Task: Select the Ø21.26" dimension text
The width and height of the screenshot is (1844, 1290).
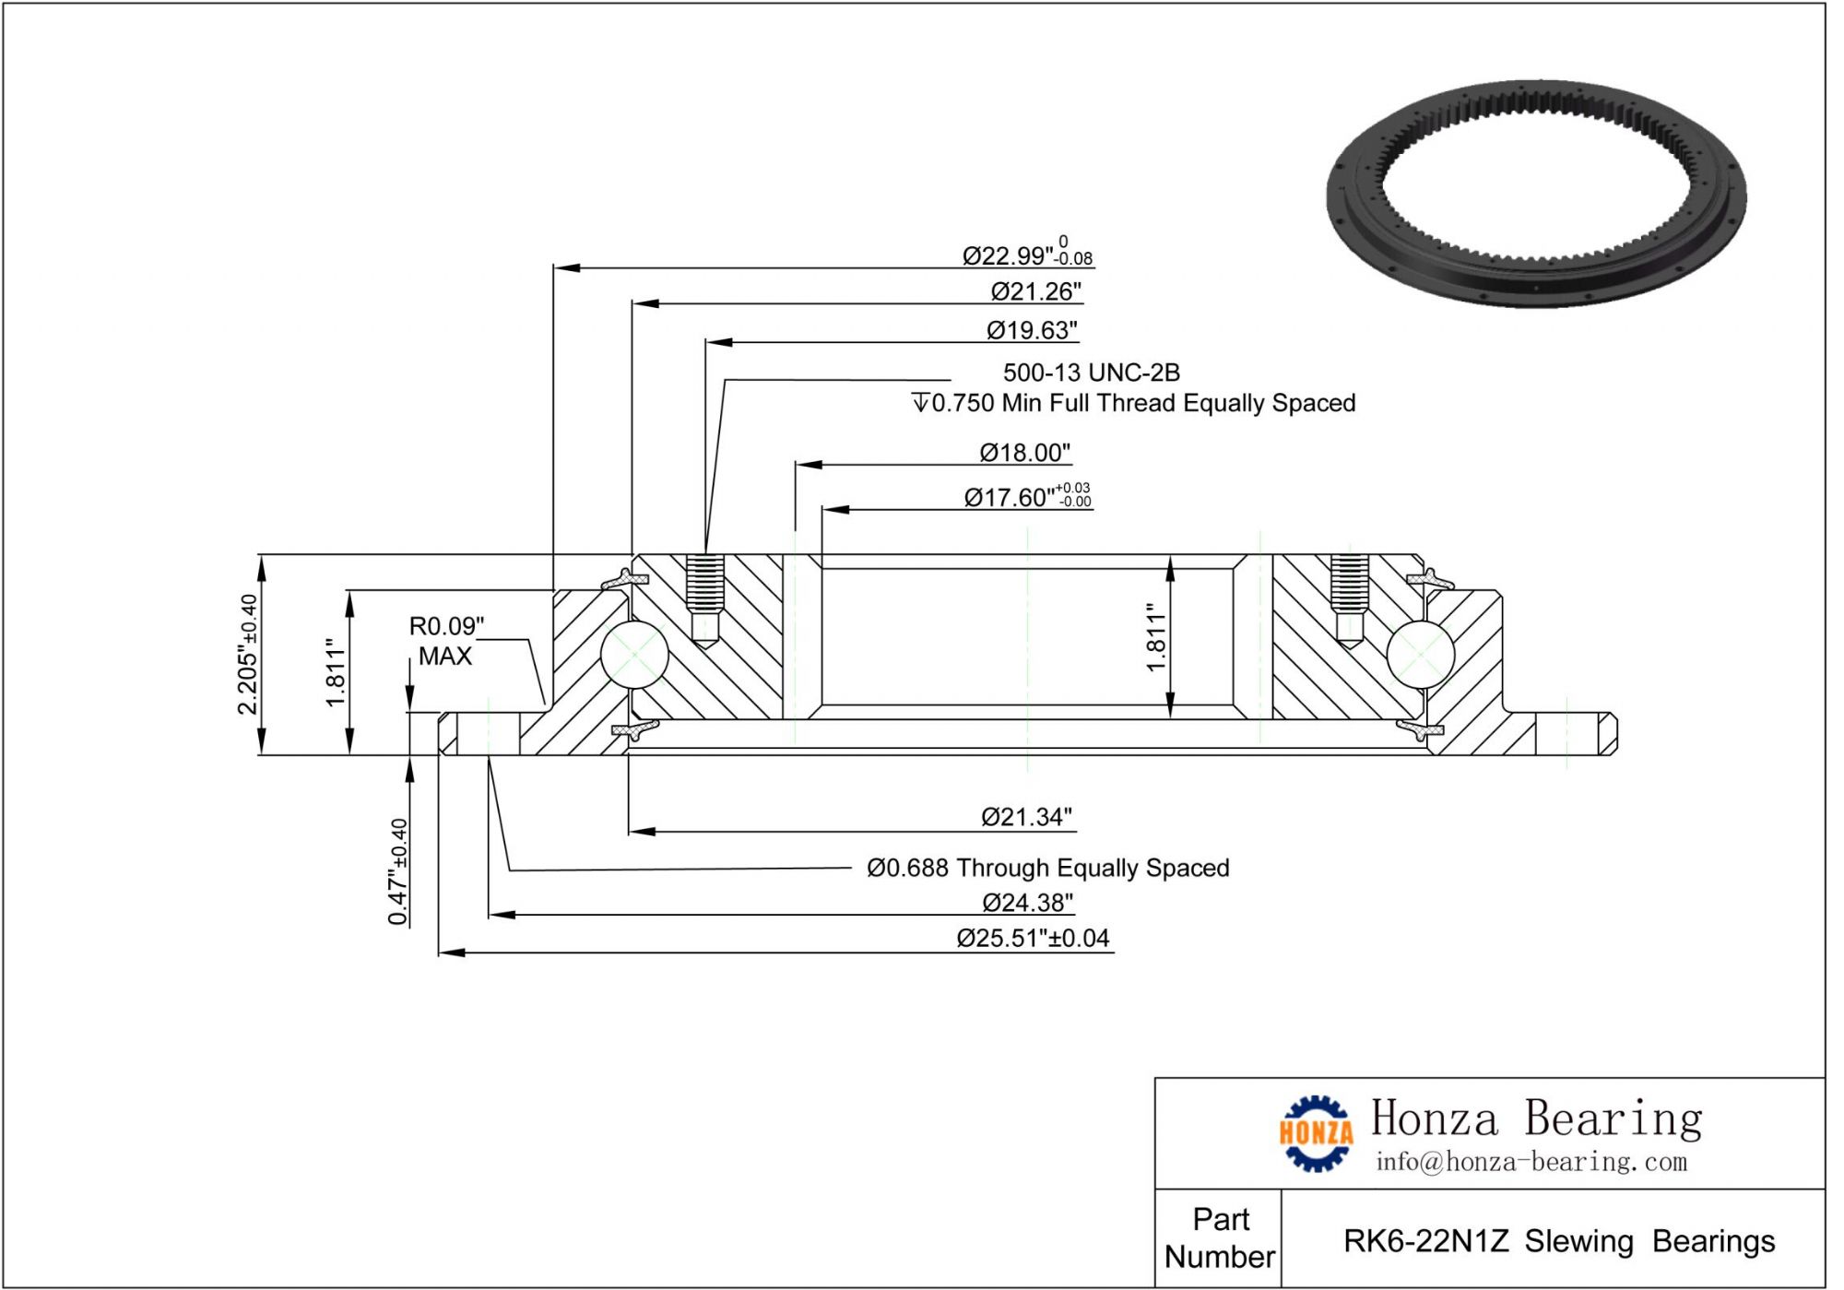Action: coord(1035,291)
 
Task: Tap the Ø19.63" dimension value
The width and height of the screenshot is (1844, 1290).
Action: coord(1032,330)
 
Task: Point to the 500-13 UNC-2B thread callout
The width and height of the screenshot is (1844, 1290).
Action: coord(1091,373)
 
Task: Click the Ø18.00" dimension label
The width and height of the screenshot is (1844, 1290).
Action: coord(1024,453)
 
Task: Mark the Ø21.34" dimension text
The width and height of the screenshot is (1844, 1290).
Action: coord(1026,817)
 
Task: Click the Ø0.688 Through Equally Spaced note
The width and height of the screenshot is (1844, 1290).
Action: coord(1047,868)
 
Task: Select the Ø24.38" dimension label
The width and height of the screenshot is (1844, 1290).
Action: coord(1027,903)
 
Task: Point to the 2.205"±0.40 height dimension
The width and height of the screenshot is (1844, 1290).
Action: coord(248,654)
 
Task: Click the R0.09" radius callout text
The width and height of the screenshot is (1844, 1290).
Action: coord(446,627)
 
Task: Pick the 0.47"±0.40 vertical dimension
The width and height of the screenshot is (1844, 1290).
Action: coord(397,871)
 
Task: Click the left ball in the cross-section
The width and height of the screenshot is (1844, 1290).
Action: coord(634,654)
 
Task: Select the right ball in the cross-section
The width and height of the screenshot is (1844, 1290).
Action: coord(1420,654)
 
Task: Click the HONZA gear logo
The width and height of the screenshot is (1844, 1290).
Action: coord(1316,1133)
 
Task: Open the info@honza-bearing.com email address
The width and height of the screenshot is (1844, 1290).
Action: coord(1531,1162)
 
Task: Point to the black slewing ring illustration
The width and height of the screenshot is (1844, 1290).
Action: coord(1536,194)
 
